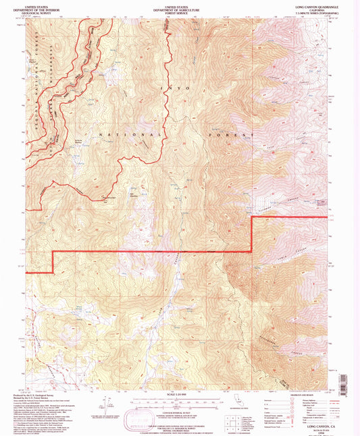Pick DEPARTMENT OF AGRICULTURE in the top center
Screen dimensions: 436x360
point(179,9)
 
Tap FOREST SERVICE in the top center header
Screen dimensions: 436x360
point(179,13)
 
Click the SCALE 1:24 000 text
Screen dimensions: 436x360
point(179,393)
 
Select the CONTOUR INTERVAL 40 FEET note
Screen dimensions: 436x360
point(179,408)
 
